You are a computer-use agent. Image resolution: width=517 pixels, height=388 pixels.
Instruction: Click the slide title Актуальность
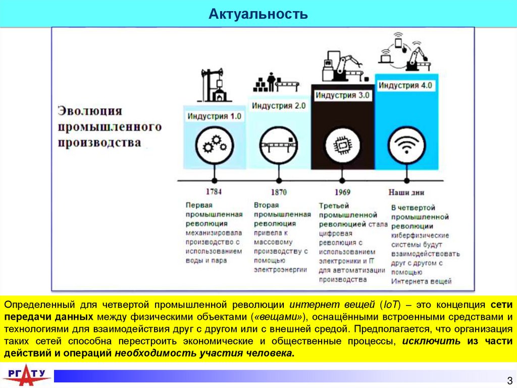258,14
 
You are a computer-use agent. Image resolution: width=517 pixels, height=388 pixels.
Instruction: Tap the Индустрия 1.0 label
215,116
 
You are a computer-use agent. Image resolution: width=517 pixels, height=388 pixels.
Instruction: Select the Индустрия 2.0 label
279,106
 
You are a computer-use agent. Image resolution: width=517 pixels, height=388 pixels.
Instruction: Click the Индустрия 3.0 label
343,95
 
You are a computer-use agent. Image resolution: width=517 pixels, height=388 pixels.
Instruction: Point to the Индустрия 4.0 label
405,85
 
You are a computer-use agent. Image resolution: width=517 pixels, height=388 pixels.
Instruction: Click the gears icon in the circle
215,146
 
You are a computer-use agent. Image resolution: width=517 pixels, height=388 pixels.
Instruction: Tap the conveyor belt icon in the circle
279,146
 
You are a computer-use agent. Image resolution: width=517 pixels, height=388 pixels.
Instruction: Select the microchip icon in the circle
343,146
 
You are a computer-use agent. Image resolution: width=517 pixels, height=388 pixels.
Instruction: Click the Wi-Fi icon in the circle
407,146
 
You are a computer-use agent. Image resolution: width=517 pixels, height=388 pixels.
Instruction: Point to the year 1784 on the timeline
214,192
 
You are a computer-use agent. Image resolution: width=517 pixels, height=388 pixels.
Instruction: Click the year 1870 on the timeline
278,192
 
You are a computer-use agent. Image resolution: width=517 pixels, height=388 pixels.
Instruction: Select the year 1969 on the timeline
342,192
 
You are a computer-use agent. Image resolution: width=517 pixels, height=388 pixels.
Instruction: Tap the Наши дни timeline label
406,192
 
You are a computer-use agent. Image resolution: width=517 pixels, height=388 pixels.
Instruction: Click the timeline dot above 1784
215,180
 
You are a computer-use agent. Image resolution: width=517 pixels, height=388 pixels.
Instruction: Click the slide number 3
509,380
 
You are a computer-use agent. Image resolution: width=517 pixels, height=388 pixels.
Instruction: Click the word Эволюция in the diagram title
89,111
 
